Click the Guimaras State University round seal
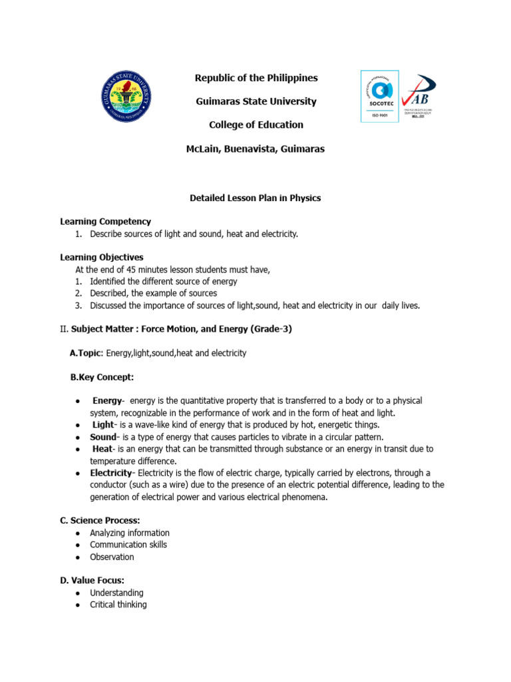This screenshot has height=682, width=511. point(126,97)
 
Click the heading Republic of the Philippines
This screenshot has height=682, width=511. point(256,78)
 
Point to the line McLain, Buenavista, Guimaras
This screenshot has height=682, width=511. point(255,149)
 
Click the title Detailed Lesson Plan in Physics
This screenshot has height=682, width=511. point(255,198)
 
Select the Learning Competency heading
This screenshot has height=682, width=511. point(106,221)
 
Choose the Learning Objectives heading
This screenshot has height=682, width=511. point(102,257)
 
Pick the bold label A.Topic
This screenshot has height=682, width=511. point(85,353)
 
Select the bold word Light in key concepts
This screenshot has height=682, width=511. point(103,424)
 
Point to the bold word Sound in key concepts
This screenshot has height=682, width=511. point(103,437)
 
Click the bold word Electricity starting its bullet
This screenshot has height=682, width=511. point(111,473)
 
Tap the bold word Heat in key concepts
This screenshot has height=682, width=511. point(102,449)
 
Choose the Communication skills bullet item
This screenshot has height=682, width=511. point(128,545)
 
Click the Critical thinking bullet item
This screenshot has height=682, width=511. point(118,605)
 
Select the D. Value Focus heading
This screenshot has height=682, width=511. point(92,581)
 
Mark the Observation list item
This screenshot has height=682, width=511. point(112,557)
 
